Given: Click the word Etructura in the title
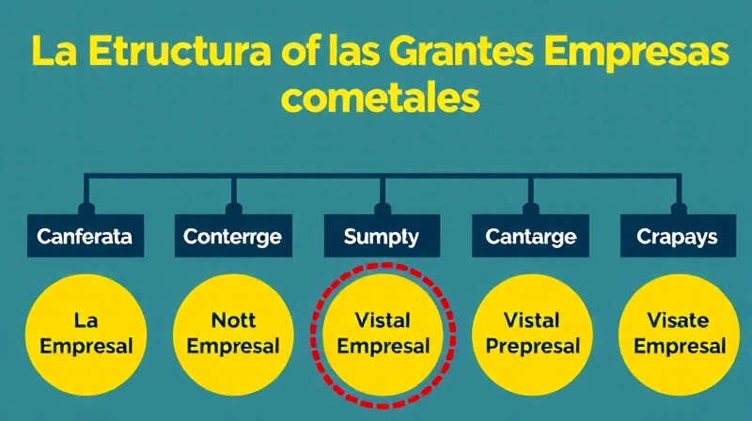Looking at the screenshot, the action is pos(180,52).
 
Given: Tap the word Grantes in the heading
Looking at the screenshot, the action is pos(462,52).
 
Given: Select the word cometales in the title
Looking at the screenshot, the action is pos(381,98).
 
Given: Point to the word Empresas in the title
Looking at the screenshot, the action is pos(636,53).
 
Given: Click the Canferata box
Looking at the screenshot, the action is pos(86,236).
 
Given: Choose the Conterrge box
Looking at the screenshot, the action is pos(233,236).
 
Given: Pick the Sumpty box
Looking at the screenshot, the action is pos(382,236).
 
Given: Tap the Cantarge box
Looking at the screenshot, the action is pos(530,236).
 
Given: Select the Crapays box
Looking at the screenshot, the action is pos(678,236).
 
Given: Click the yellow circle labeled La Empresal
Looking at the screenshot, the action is pos(86,335).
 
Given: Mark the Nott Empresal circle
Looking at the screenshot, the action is pos(233,335).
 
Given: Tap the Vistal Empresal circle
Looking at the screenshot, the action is pos(383,335).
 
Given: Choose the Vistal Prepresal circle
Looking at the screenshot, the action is pos(532,335).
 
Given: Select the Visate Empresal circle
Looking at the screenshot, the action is pos(679,335).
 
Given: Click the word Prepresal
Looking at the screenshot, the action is pos(533,347).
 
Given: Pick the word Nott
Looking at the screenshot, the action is pos(233,320).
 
